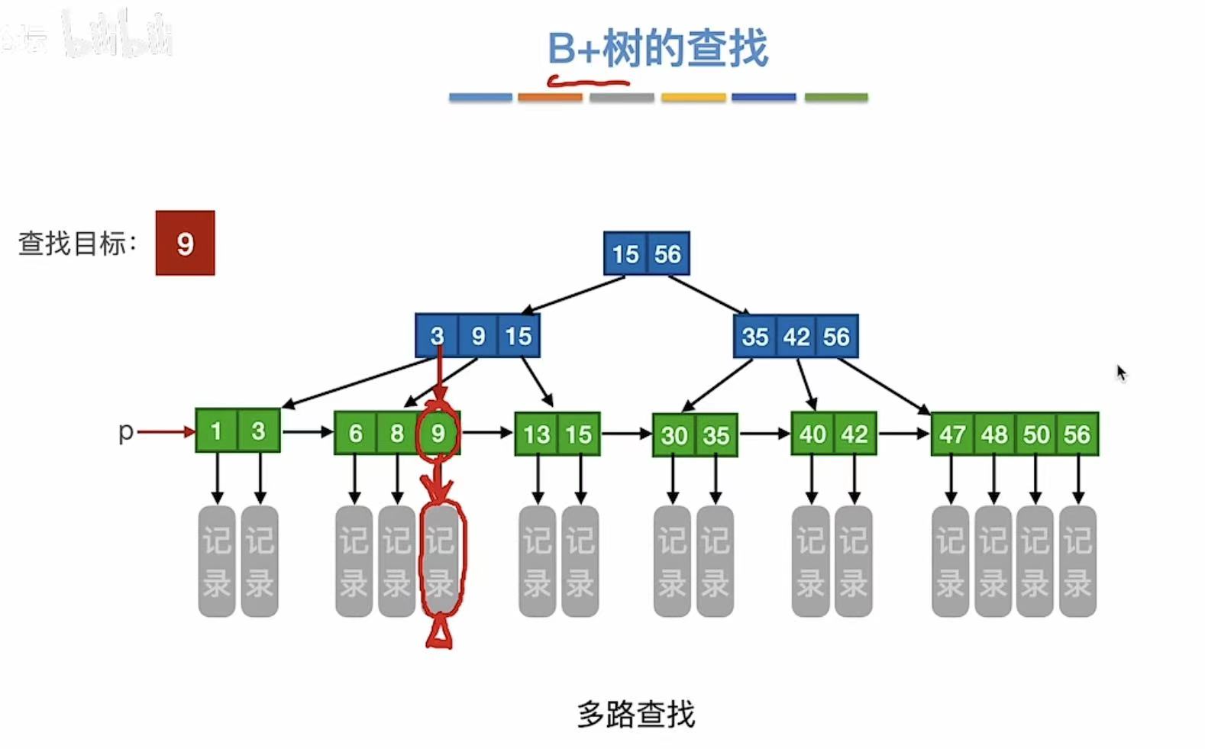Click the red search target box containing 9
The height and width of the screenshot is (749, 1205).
[x=185, y=243]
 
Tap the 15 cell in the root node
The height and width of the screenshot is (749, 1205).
[x=625, y=253]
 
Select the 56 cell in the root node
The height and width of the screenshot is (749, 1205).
[x=667, y=253]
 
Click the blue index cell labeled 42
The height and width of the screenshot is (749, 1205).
[x=796, y=336]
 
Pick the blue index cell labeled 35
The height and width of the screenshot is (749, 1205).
[x=754, y=336]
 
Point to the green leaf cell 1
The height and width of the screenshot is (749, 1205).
[x=216, y=431]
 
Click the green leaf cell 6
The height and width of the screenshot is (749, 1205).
[x=355, y=433]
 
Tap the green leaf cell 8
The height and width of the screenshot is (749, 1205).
[x=397, y=433]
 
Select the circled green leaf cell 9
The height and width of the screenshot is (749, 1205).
[x=438, y=433]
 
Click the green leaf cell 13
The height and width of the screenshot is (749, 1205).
[x=536, y=434]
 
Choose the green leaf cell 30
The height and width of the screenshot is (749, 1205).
[x=674, y=435]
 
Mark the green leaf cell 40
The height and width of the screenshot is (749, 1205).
[x=812, y=434]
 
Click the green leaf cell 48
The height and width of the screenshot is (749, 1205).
[x=994, y=434]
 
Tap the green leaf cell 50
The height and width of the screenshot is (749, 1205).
[x=1036, y=434]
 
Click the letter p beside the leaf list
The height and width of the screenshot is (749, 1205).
[x=126, y=431]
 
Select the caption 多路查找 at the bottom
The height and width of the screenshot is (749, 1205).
[x=636, y=715]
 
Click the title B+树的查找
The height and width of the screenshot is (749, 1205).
[x=657, y=48]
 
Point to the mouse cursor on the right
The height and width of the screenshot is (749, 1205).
[x=1121, y=373]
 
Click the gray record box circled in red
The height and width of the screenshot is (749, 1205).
[x=441, y=561]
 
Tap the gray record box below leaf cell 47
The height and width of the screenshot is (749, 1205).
[x=951, y=561]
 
